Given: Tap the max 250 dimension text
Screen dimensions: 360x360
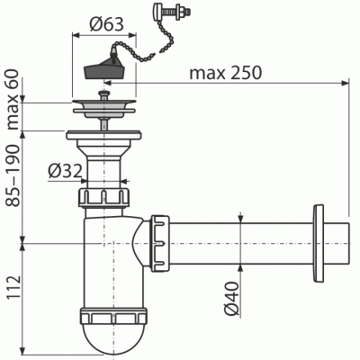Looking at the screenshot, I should pos(224,72).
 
